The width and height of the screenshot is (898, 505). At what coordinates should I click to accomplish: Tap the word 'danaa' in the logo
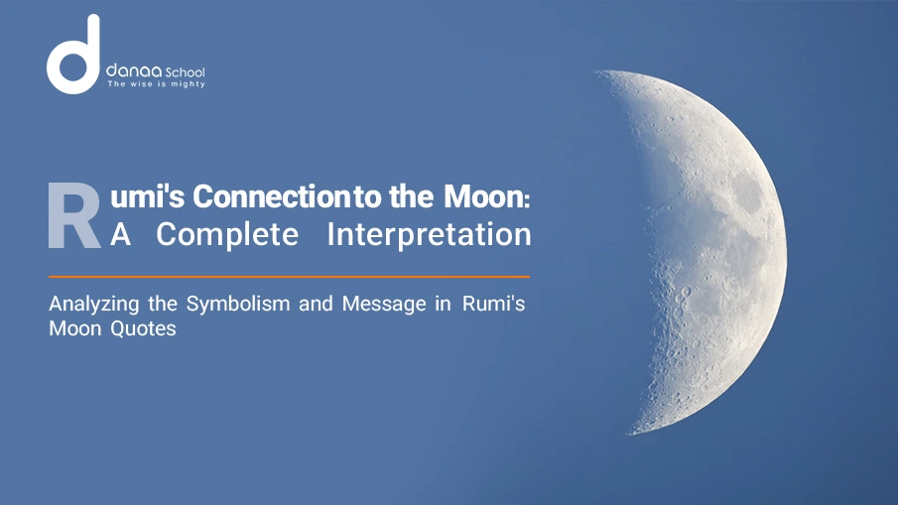point(127,72)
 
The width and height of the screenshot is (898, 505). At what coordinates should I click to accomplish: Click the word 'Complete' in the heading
point(226,235)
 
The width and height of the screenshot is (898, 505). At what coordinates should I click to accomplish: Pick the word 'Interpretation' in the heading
point(429,235)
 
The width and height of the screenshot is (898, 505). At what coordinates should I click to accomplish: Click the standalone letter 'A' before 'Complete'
point(119,235)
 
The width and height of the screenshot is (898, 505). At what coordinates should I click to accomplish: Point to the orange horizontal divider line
point(289,277)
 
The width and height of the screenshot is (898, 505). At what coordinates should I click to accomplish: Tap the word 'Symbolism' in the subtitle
point(227,305)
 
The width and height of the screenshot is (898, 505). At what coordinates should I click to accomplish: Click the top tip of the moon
point(599,72)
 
